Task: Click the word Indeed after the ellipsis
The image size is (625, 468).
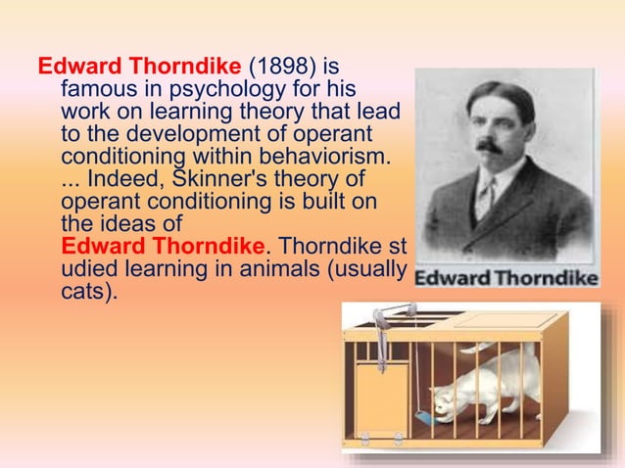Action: click(x=122, y=180)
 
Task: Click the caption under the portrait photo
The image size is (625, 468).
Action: click(x=505, y=278)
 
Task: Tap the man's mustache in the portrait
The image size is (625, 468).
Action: click(x=488, y=145)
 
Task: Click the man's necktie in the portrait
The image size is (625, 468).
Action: click(x=484, y=196)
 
